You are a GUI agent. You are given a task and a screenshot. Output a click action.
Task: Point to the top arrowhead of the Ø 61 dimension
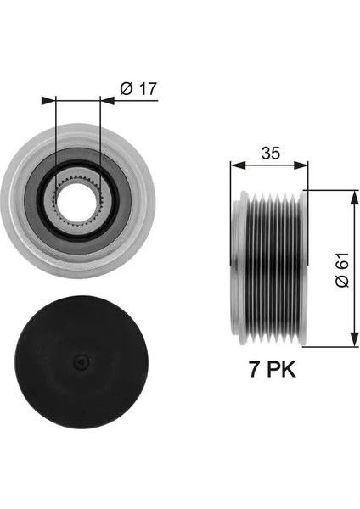(352, 194)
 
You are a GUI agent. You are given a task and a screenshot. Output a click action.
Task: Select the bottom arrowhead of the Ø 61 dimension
(352, 343)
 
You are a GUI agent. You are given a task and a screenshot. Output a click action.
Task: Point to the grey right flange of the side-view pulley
(301, 268)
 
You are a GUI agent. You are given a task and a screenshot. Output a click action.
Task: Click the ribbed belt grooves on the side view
(271, 268)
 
